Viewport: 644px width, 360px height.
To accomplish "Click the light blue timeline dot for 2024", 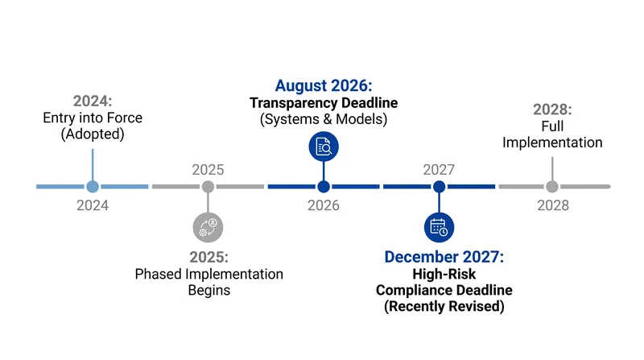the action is pos(93,187).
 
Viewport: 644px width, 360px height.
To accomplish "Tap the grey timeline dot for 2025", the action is pos(208,187).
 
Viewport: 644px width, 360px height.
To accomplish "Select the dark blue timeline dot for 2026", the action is pos(324,187).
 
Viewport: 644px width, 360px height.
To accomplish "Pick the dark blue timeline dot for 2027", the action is pos(439,187).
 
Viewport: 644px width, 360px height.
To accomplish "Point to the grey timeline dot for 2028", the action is pos(552,187).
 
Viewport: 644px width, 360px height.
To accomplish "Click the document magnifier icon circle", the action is pos(324,147).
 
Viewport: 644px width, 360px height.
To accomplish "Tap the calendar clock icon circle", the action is pos(439,227).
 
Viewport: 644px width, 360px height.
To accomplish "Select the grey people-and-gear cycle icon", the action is pos(208,227).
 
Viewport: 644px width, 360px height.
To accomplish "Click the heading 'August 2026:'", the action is pos(324,85).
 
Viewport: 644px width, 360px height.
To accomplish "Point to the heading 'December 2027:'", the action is pos(444,257).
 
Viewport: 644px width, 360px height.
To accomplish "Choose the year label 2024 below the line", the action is pos(93,205).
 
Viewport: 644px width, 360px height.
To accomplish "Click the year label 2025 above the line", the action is pos(208,170).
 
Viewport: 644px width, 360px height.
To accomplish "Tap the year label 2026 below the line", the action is pos(324,205).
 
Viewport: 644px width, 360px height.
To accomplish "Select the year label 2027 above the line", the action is pos(439,170).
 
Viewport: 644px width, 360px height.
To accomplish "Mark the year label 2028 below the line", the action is pos(553,205).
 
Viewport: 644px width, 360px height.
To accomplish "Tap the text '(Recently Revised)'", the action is pos(444,306).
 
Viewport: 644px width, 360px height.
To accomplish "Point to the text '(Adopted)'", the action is pos(93,134).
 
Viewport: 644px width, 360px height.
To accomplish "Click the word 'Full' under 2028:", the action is pos(552,126).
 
